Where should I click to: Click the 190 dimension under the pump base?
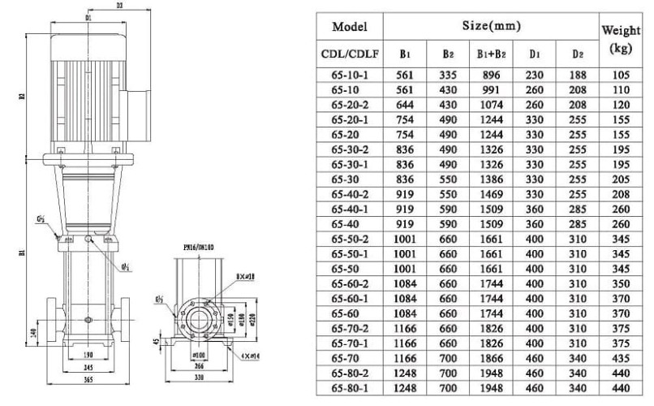[88, 356]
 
